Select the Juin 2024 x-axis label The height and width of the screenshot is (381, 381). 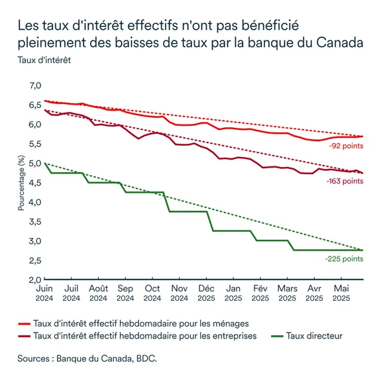pos(44,294)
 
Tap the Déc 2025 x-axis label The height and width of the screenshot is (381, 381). pos(207,294)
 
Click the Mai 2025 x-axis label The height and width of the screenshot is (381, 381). pos(342,294)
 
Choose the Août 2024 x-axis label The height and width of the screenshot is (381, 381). pos(98,294)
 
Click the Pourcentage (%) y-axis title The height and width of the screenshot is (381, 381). pos(21,183)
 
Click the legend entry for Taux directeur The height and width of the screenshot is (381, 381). pos(314,336)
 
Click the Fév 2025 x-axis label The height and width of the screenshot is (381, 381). pos(260,294)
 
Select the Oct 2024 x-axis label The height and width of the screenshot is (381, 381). pos(152,294)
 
